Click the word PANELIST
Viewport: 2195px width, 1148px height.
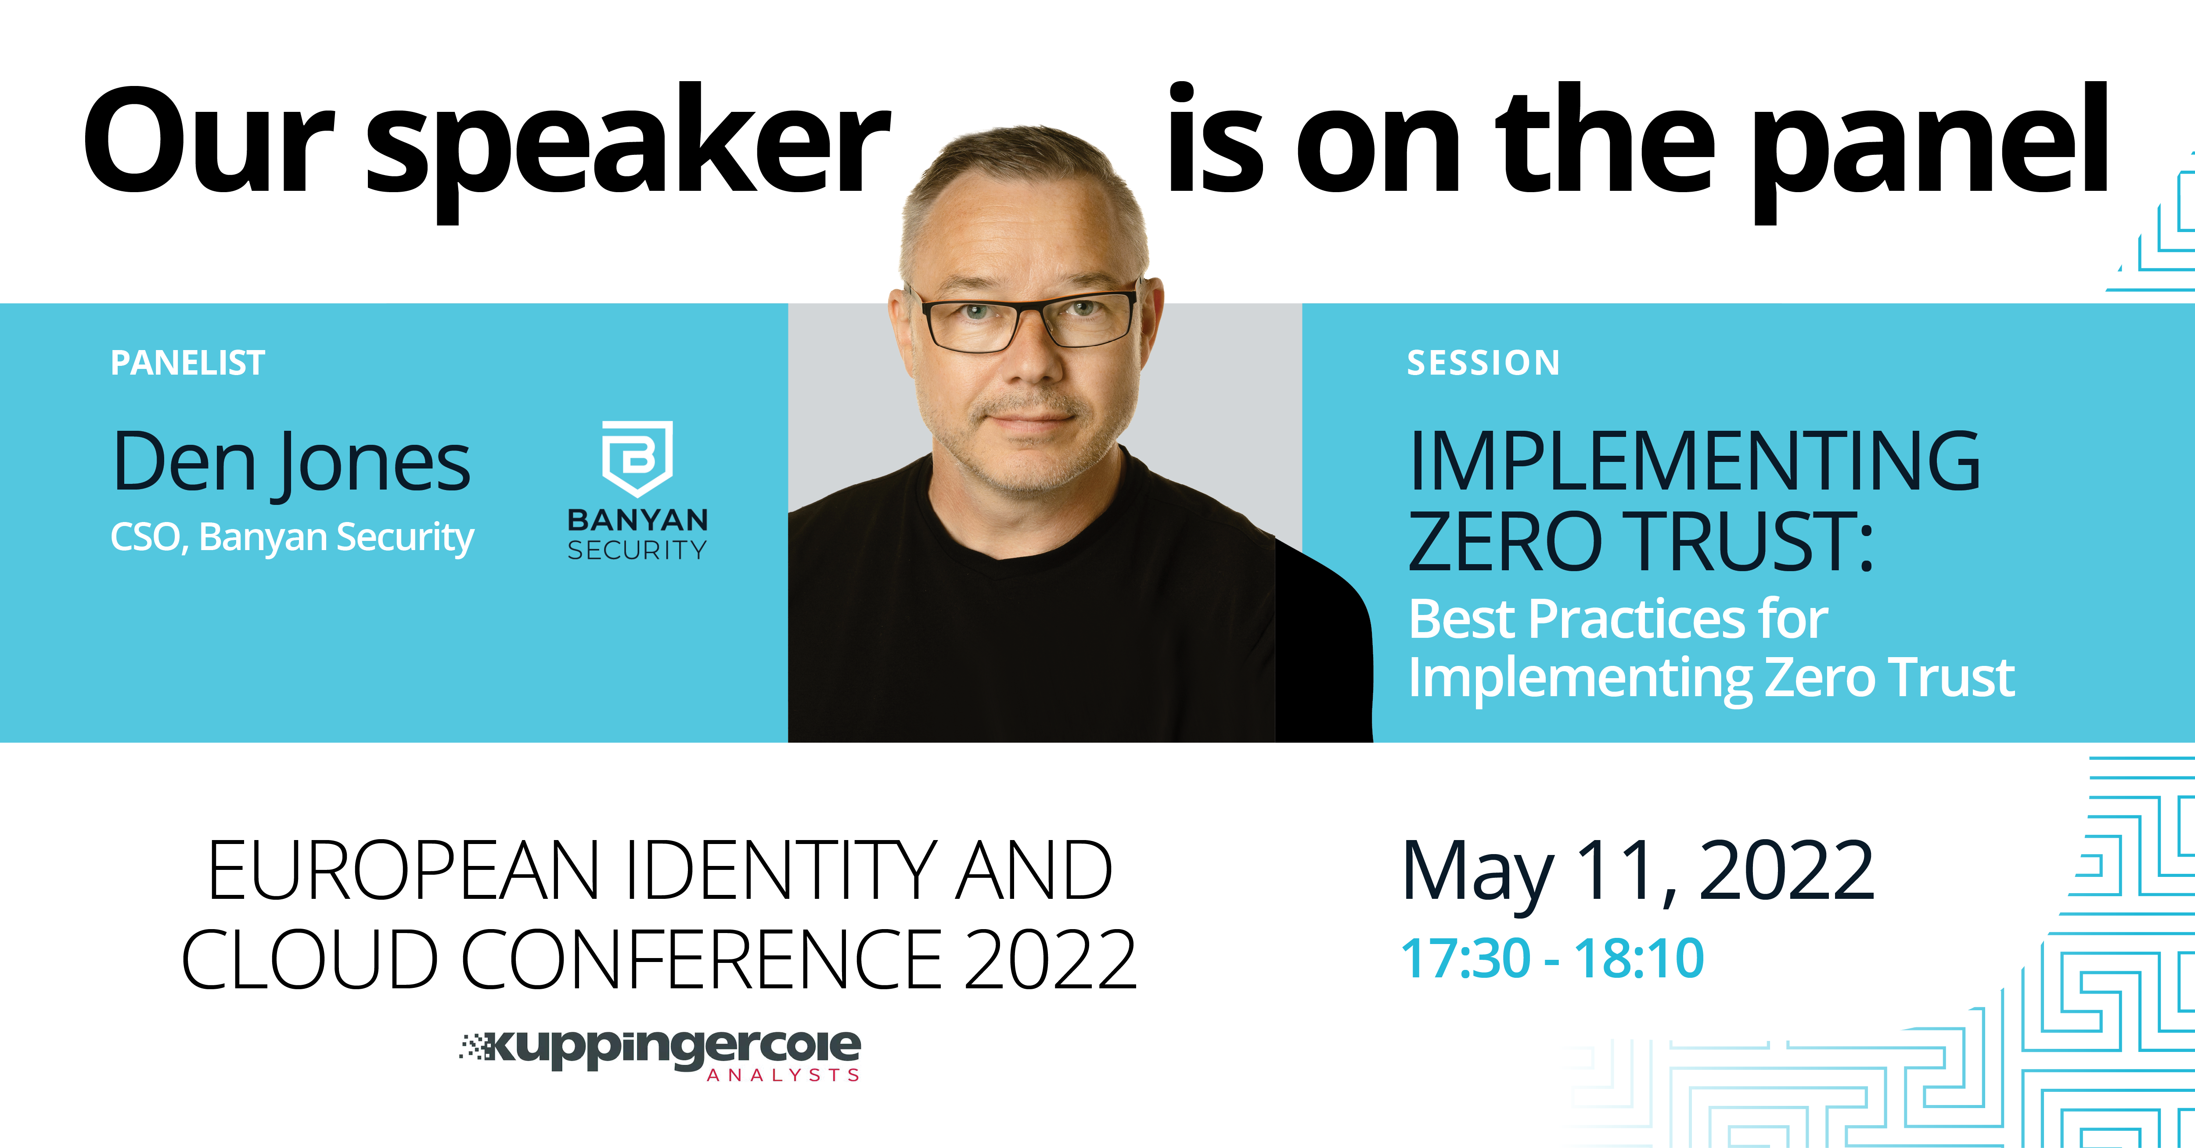pos(187,363)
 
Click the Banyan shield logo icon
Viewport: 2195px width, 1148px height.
pos(637,458)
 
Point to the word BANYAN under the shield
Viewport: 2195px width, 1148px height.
pos(637,519)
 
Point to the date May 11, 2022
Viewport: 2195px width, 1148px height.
pos(1638,872)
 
